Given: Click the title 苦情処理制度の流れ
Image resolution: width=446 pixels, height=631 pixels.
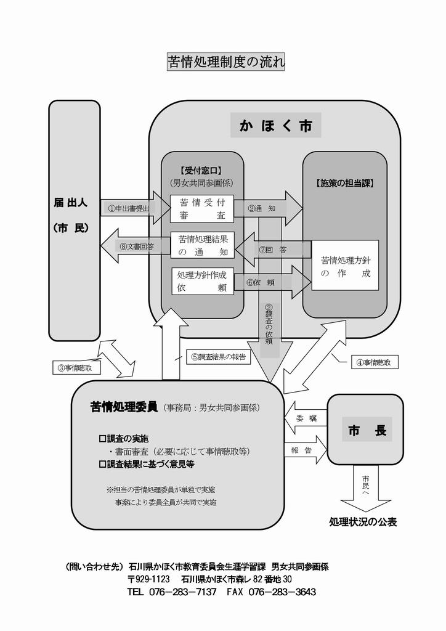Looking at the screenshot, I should tap(226, 62).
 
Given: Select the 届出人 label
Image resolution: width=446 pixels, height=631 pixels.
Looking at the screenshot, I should tap(71, 202).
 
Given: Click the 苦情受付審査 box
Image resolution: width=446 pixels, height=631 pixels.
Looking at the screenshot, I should tap(202, 208).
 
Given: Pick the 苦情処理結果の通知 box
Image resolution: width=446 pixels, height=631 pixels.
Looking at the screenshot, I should tap(203, 245).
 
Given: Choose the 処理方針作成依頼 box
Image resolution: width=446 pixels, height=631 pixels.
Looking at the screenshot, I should tap(203, 282).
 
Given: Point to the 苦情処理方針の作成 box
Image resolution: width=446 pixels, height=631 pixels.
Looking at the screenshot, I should tap(346, 266).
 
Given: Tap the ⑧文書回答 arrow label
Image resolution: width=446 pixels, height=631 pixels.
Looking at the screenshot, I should tap(137, 246).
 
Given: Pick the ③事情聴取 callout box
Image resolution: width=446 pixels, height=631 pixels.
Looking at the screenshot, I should tap(75, 368).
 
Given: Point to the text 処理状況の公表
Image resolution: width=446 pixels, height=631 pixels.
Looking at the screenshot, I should tap(363, 522).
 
